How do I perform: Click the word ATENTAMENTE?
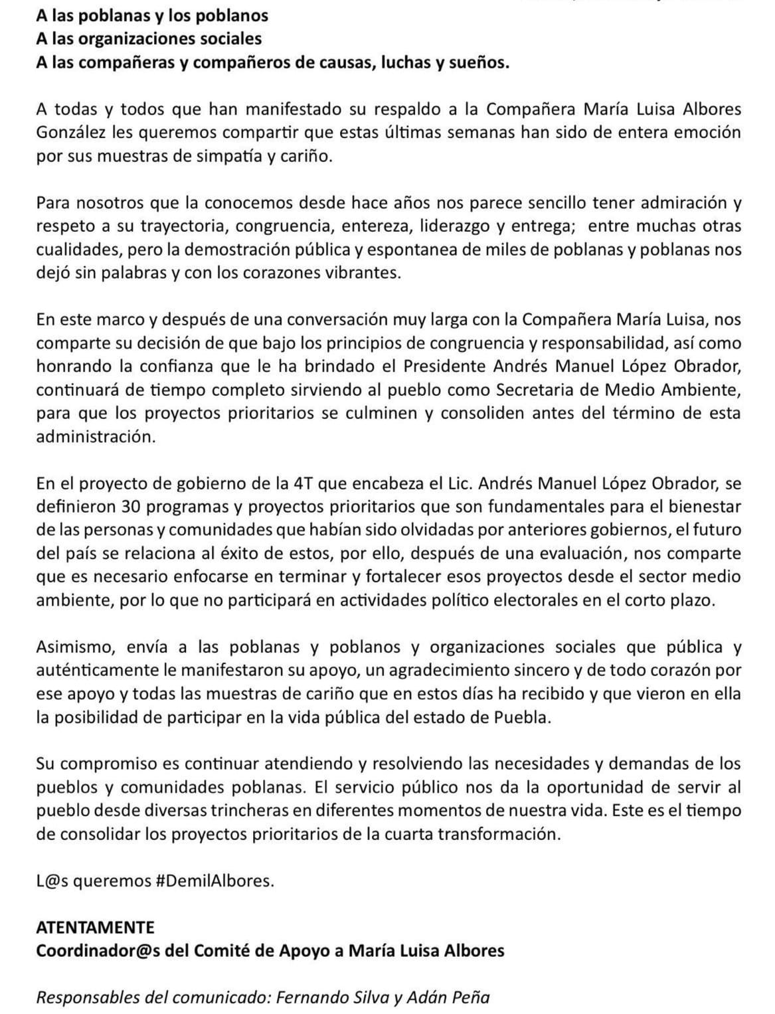coord(95,927)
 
